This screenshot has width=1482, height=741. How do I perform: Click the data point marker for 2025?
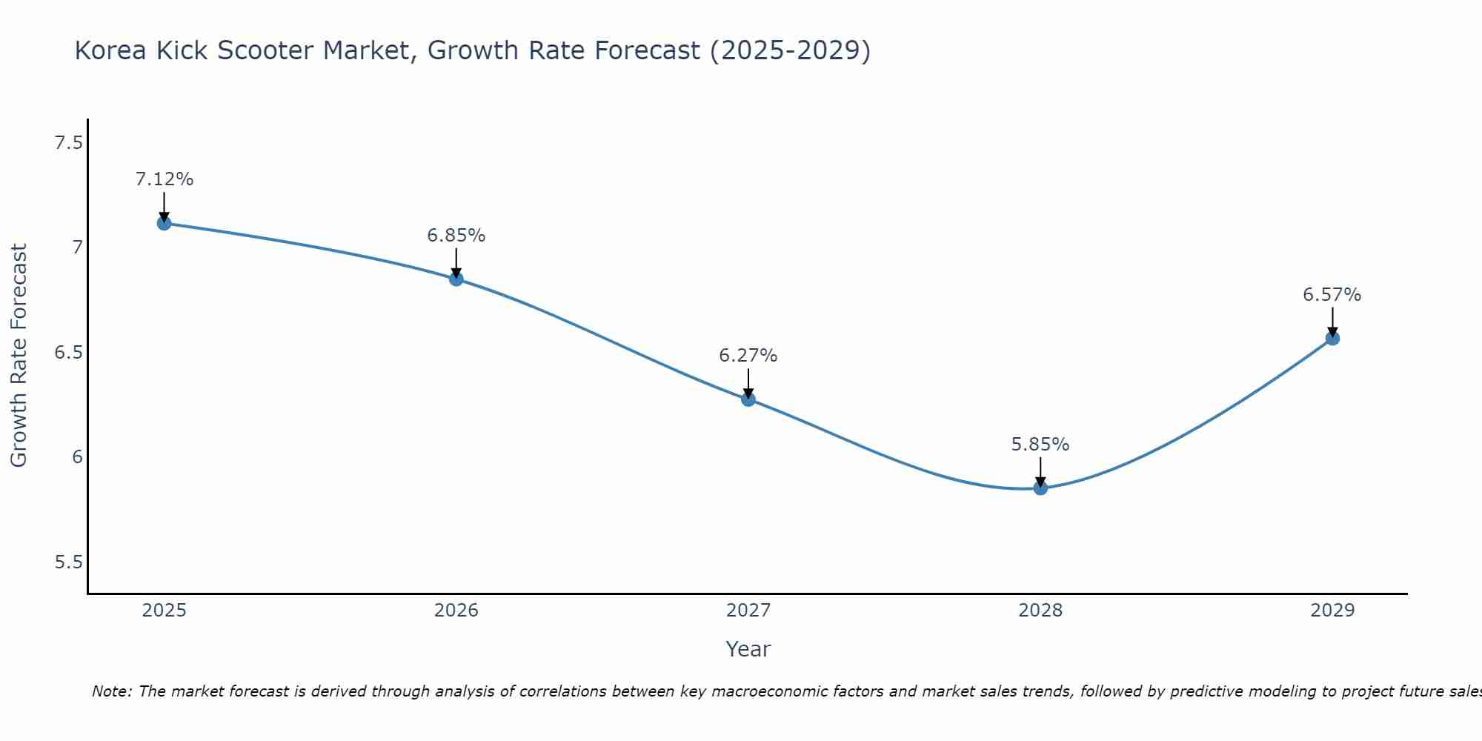pos(165,223)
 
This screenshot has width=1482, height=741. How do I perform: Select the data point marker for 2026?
pos(456,279)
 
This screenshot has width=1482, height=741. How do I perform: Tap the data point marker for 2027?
pos(748,399)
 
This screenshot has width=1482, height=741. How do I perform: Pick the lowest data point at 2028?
pos(1040,488)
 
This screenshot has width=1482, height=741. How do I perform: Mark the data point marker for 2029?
pos(1332,339)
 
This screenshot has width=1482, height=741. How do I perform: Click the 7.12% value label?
pos(165,179)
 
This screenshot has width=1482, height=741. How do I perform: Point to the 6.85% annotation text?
pos(456,236)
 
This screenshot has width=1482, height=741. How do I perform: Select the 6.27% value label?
pos(748,356)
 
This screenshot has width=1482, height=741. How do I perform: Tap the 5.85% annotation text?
pos(1040,445)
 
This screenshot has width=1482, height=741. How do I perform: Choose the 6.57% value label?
pos(1332,295)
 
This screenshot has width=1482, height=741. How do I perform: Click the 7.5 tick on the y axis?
pos(68,143)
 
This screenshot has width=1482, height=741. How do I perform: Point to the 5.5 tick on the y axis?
pos(68,562)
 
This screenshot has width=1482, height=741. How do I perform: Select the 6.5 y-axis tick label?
pos(68,353)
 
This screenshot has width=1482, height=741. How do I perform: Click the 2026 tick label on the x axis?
pos(456,611)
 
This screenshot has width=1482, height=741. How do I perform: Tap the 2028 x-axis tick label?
pos(1040,611)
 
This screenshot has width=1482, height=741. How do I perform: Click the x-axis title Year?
pos(748,649)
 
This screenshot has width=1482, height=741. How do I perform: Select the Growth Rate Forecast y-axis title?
pos(19,356)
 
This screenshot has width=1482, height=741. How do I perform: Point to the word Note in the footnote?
pos(112,691)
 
